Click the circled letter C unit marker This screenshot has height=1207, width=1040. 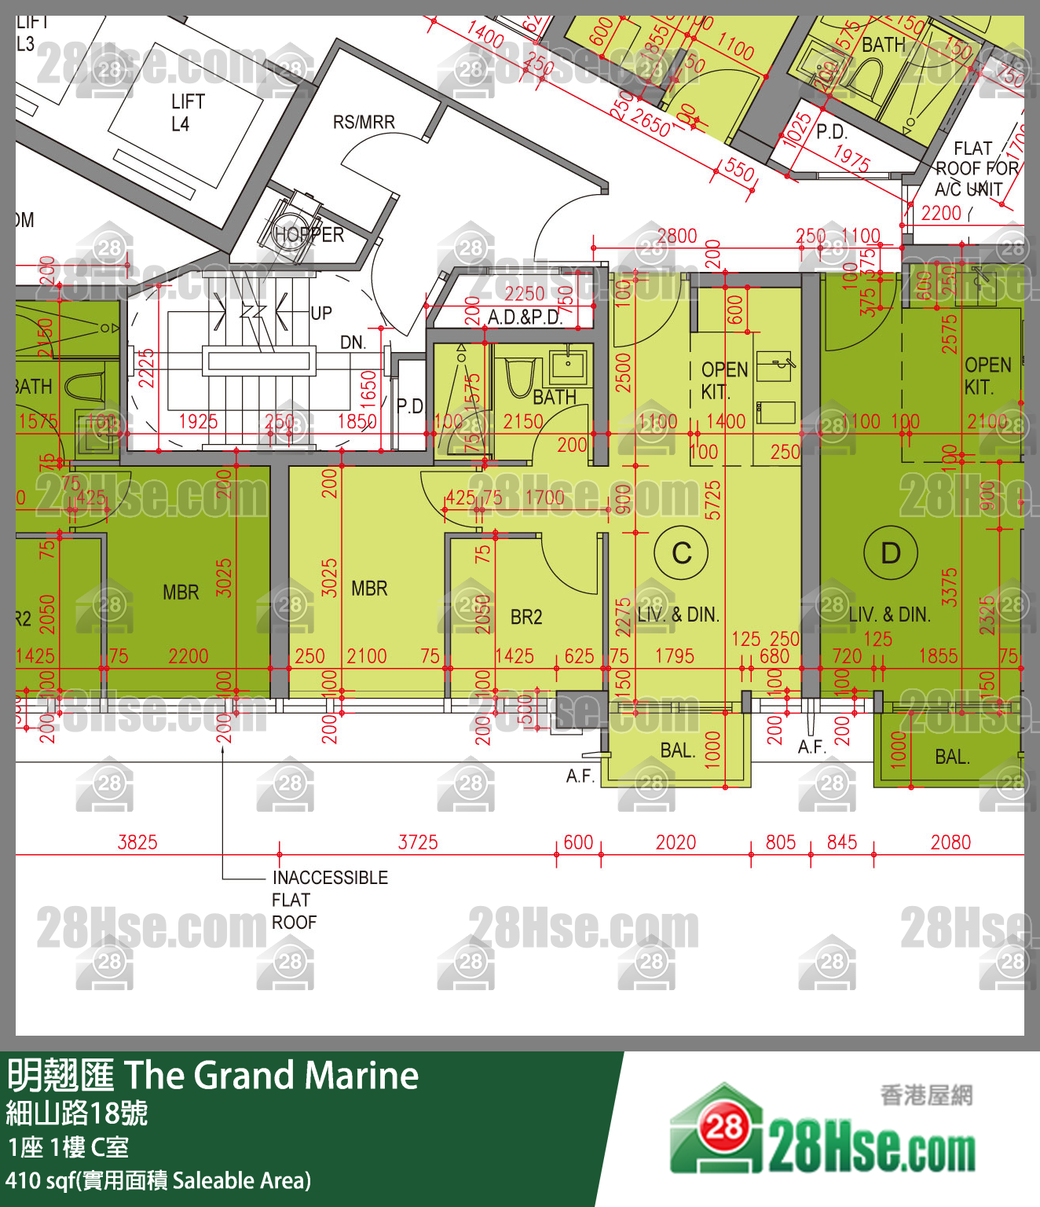682,553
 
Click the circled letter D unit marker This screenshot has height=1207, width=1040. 890,553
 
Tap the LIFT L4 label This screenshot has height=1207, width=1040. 188,112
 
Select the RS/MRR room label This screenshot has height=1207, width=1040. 364,123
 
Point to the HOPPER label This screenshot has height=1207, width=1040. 309,235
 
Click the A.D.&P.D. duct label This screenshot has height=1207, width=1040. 525,317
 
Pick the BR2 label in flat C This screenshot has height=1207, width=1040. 526,617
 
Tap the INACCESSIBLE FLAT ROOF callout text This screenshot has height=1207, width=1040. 329,900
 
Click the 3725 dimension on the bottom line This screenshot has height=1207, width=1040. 418,843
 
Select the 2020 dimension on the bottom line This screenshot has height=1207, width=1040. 676,843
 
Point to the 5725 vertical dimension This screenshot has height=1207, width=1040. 712,500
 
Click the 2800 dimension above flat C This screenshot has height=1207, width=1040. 677,236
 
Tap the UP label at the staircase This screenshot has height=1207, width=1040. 321,314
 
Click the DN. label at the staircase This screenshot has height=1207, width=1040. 353,343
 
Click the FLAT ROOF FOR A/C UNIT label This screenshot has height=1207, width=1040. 974,169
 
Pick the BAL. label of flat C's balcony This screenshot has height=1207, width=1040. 677,750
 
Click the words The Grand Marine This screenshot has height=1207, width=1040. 272,1076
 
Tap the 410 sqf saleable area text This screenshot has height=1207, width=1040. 158,1180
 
